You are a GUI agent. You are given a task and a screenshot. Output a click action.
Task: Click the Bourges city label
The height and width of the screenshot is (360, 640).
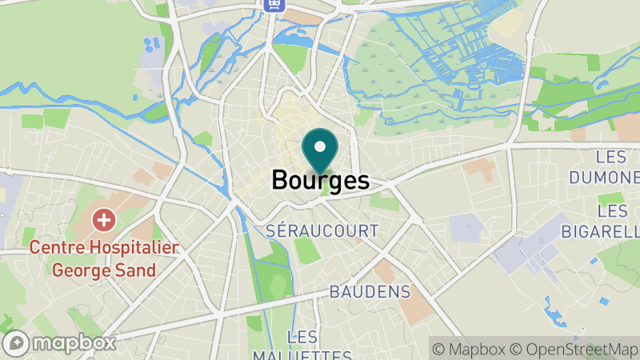pos(320,180)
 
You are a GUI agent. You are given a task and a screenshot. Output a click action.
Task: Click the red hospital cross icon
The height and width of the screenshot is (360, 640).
pos(103,218)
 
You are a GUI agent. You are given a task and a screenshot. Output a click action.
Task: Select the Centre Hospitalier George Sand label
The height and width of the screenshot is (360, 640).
pos(103,258)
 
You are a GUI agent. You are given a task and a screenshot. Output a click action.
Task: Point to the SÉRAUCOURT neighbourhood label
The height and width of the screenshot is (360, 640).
pos(322,230)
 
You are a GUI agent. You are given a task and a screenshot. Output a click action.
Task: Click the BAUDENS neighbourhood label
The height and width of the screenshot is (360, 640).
pos(370,291)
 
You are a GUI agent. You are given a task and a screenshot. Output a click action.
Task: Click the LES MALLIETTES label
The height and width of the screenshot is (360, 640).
pos(302,347)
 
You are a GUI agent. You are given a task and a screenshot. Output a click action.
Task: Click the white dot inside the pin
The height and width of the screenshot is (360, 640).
pos(321,146)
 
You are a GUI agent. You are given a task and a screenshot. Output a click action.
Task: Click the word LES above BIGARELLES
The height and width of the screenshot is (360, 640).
pos(612,210)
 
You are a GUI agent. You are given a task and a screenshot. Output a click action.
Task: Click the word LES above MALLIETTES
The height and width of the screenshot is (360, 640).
pos(302,336)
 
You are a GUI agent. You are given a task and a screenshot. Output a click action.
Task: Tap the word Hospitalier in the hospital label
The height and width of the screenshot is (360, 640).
pos(132,248)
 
